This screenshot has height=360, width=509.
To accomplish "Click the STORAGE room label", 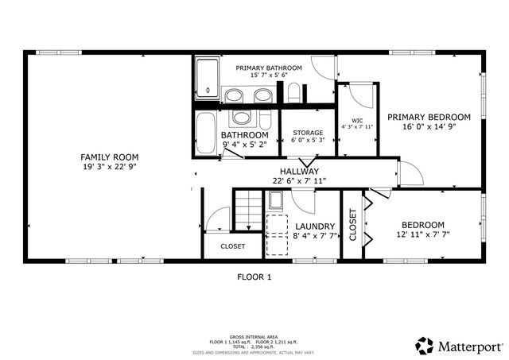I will (307, 133).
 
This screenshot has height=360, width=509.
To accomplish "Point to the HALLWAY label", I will (299, 171).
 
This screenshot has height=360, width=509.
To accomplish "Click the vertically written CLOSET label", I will (353, 225).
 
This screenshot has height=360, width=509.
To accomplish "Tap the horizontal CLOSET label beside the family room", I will (233, 246).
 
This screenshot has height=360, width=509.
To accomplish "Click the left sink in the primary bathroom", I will (233, 96).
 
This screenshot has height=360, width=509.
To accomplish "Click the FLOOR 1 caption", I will (254, 277).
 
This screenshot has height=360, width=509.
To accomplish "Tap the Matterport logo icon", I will (425, 345).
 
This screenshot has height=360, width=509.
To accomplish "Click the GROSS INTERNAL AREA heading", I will (254, 337).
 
